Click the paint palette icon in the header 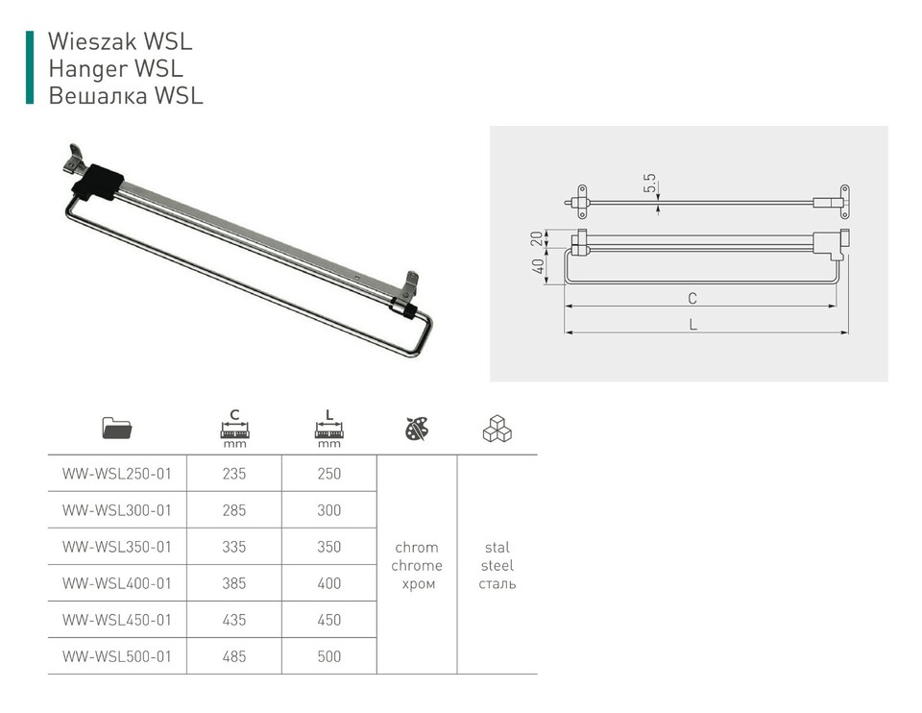pos(417,429)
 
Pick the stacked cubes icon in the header pos(497,429)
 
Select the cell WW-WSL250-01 pos(116,474)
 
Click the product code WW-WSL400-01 pos(116,583)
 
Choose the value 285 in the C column pos(233,510)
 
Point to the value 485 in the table pos(233,656)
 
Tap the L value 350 pos(328,547)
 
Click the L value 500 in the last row pos(328,656)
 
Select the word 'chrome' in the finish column pos(417,565)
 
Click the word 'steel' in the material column pos(497,565)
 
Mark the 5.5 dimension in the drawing pos(650,182)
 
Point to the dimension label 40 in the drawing pos(540,266)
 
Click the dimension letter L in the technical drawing pos(692,325)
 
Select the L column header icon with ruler pos(328,429)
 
